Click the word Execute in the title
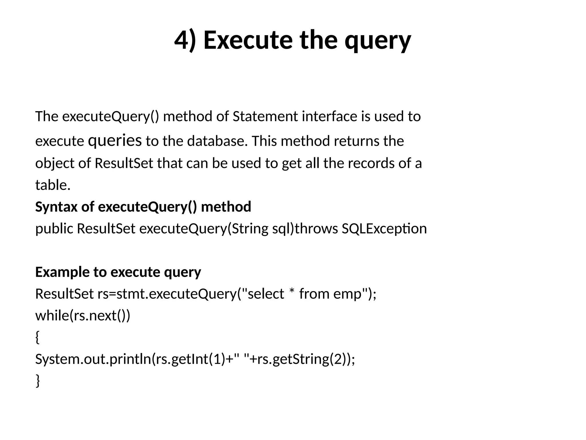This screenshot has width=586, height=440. pyautogui.click(x=248, y=40)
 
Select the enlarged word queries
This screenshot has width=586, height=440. pyautogui.click(x=115, y=140)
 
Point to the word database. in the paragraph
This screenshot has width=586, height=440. pyautogui.click(x=217, y=141)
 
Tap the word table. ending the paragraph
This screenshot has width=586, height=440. pyautogui.click(x=53, y=185)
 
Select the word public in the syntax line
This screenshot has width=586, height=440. pyautogui.click(x=54, y=229)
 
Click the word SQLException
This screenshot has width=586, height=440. pyautogui.click(x=384, y=229)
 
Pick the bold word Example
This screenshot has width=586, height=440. pyautogui.click(x=62, y=272)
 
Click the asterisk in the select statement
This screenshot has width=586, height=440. pyautogui.click(x=292, y=292)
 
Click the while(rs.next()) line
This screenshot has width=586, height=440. pyautogui.click(x=83, y=316)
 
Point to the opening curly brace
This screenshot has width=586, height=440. pyautogui.click(x=37, y=337)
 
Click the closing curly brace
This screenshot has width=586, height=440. pyautogui.click(x=37, y=381)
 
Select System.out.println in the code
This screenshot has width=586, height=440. pyautogui.click(x=93, y=359)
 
